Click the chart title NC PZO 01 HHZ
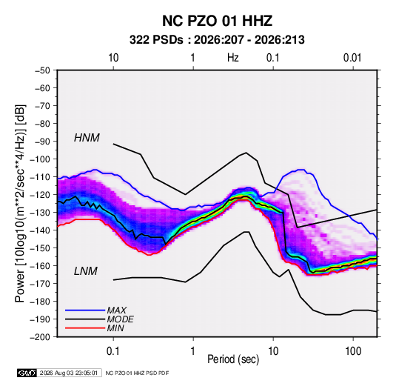point(217,21)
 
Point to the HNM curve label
point(87,138)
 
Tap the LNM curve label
point(86,271)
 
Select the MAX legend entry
point(117,310)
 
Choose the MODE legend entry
point(120,319)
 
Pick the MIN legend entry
point(115,328)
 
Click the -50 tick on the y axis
point(42,70)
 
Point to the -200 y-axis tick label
point(40,337)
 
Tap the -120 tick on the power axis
point(40,195)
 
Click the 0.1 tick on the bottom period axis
point(113,351)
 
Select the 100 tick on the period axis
point(353,351)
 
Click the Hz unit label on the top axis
point(233,58)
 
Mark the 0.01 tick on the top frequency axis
point(352,58)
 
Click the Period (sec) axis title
point(233,359)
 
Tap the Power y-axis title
point(20,203)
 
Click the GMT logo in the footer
point(27,373)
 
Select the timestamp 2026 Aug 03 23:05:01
point(69,373)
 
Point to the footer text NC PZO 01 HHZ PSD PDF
point(137,373)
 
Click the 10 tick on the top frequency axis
point(113,58)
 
